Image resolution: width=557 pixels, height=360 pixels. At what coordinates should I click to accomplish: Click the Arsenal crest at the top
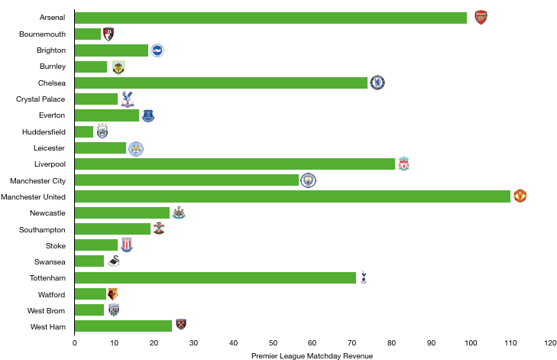481,18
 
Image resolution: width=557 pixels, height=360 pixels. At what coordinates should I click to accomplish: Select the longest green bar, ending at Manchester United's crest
293,196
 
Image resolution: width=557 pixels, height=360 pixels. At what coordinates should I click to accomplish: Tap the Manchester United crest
520,196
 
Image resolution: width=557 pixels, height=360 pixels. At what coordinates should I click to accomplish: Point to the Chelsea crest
377,83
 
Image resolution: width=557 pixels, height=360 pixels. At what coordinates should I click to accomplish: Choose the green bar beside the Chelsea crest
222,83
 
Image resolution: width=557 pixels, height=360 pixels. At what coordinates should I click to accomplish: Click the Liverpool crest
403,164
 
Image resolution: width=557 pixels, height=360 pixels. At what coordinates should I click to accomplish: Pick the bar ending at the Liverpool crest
235,164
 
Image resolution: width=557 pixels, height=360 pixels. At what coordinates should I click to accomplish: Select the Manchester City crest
308,180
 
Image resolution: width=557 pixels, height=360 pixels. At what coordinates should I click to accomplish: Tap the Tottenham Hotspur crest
364,277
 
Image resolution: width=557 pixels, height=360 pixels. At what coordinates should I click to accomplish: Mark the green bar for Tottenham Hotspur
215,277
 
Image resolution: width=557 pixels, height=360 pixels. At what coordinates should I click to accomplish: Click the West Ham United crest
181,325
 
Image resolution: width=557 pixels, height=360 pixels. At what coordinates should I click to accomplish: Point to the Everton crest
148,115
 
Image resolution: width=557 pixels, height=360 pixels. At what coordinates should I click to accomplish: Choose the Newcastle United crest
179,212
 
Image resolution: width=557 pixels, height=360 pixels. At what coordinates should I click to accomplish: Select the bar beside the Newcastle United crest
122,212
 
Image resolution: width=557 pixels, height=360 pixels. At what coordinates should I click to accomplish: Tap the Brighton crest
157,50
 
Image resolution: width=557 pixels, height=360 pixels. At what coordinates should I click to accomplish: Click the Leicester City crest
136,148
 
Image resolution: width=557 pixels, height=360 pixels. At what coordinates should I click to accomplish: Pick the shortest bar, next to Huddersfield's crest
84,131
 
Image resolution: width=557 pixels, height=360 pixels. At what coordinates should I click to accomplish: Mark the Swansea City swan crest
114,261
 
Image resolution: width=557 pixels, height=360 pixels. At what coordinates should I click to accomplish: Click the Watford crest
113,294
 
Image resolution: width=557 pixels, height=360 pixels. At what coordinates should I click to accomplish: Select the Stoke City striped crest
127,245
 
